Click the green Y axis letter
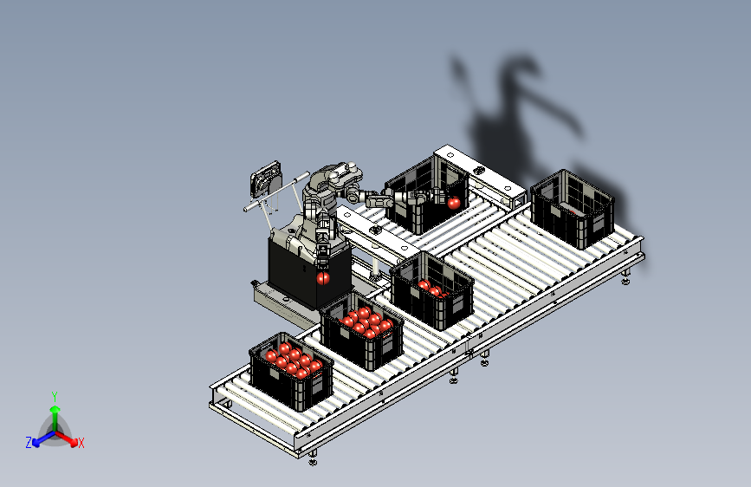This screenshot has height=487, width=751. click(55, 397)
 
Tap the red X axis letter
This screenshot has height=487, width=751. click(81, 444)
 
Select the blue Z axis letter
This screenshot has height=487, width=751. click(29, 443)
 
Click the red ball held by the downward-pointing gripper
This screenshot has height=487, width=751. click(323, 277)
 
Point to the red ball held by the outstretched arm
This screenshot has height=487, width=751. click(454, 203)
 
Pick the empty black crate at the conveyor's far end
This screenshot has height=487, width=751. click(572, 209)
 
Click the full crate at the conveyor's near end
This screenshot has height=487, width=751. click(291, 372)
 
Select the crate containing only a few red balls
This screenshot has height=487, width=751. click(432, 290)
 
